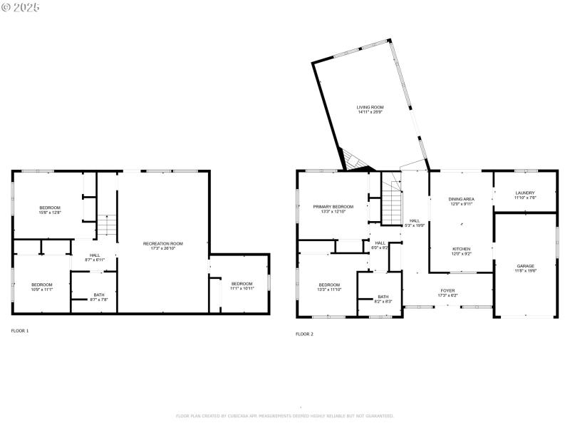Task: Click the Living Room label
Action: click(x=370, y=110)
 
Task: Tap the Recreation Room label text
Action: click(x=162, y=246)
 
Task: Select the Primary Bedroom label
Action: click(x=333, y=209)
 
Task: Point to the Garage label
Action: click(x=525, y=268)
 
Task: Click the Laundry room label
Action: click(x=524, y=195)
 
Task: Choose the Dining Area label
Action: click(x=461, y=201)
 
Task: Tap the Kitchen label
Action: click(x=461, y=251)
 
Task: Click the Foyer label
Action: click(x=447, y=292)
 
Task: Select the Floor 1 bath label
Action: click(x=98, y=297)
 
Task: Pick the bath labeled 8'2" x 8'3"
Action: click(x=383, y=299)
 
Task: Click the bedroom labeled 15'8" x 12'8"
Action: click(x=50, y=210)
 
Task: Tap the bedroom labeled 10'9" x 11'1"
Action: click(x=42, y=287)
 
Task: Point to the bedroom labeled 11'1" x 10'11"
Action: click(x=242, y=286)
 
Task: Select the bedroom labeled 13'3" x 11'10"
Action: click(x=329, y=286)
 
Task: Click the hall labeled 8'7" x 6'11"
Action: click(x=95, y=258)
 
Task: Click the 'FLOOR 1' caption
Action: click(x=20, y=331)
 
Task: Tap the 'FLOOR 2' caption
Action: click(x=304, y=334)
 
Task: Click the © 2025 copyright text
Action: click(x=21, y=7)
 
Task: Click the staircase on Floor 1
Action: click(x=105, y=225)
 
